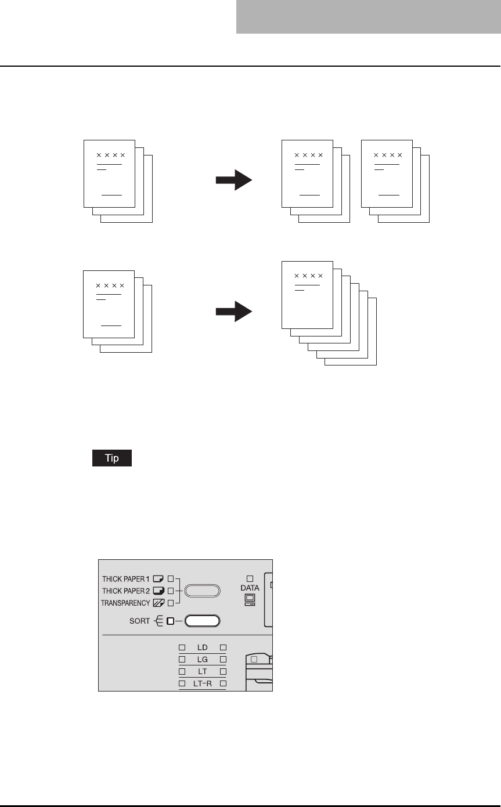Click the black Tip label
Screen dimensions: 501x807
pyautogui.click(x=111, y=458)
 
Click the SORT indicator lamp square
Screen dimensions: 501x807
pyautogui.click(x=170, y=621)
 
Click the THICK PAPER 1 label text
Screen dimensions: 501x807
pyautogui.click(x=125, y=578)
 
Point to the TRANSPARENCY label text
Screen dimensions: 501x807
pyautogui.click(x=125, y=603)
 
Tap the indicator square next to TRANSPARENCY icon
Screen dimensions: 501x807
pyautogui.click(x=170, y=603)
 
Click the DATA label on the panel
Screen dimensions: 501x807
pyautogui.click(x=250, y=588)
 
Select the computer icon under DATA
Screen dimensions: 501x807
pyautogui.click(x=250, y=599)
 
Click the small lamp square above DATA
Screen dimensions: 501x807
pyautogui.click(x=250, y=578)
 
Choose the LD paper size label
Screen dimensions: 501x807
pyautogui.click(x=202, y=647)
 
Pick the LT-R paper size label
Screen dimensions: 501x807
pyautogui.click(x=202, y=684)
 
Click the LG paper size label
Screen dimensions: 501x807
pyautogui.click(x=202, y=659)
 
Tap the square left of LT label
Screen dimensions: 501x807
pyautogui.click(x=182, y=672)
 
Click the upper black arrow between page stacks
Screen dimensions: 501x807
pyautogui.click(x=233, y=180)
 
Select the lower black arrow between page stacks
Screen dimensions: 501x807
pyautogui.click(x=233, y=312)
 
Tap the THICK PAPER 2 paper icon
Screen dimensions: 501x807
pyautogui.click(x=158, y=591)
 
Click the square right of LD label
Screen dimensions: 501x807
pyautogui.click(x=223, y=647)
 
